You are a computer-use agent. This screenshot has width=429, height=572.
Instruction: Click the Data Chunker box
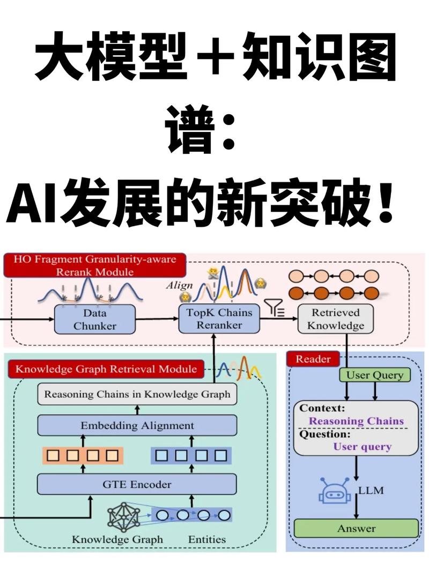click(x=94, y=319)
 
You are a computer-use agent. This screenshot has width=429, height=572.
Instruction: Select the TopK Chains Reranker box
click(x=219, y=319)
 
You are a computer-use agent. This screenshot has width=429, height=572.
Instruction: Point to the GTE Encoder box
click(x=137, y=485)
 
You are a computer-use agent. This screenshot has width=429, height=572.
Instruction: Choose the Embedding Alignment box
click(x=137, y=426)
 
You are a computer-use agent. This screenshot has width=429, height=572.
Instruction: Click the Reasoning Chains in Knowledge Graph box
click(x=137, y=395)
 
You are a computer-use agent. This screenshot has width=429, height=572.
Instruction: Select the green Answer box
click(x=356, y=529)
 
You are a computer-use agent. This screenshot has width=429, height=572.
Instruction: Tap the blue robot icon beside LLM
click(x=334, y=489)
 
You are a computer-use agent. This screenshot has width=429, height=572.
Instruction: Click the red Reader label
click(x=313, y=359)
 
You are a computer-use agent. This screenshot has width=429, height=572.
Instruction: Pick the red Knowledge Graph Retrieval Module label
click(x=106, y=369)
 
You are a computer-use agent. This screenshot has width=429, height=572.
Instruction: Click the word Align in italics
click(x=179, y=285)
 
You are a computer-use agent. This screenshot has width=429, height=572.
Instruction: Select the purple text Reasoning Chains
click(x=356, y=421)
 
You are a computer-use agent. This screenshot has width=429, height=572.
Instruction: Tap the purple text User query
click(x=362, y=447)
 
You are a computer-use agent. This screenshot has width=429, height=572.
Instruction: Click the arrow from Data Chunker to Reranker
click(x=156, y=319)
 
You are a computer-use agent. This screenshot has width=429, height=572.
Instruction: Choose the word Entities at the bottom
click(x=206, y=539)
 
